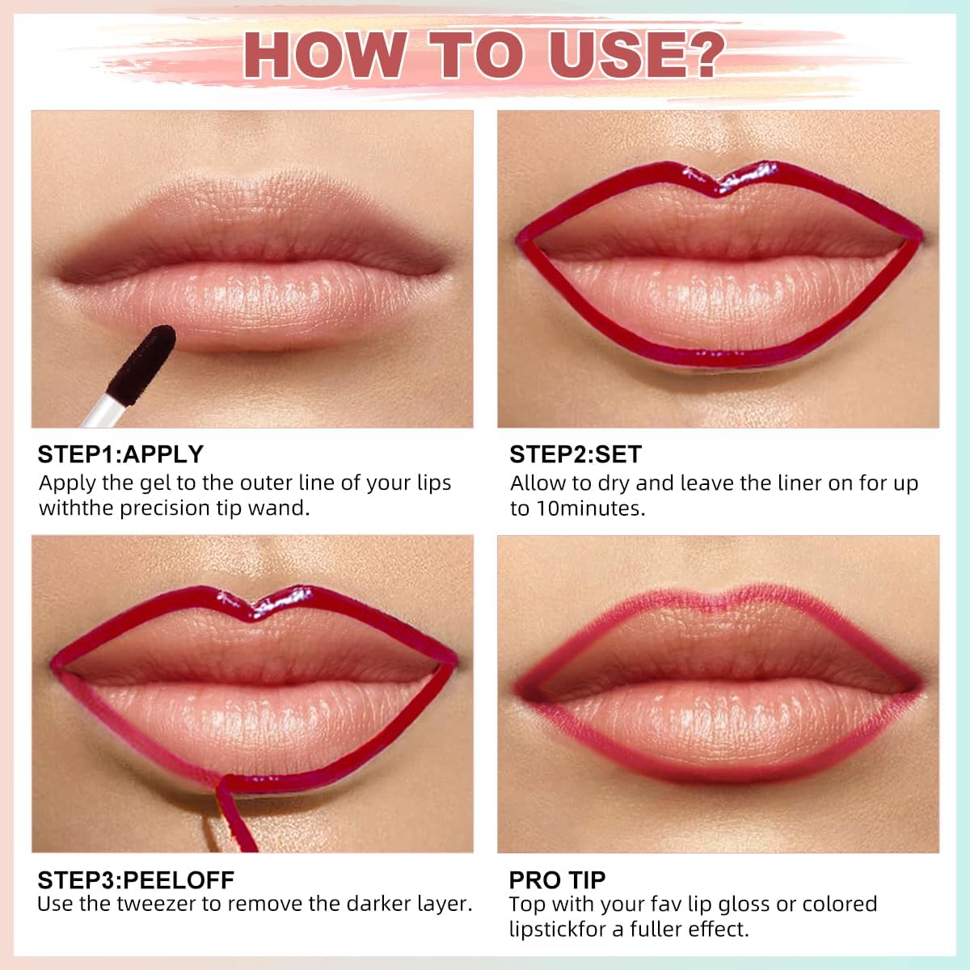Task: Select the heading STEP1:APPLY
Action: coord(120,454)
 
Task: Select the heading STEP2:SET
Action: coord(575,454)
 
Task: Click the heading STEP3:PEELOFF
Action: coord(136,879)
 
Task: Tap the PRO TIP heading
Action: coord(557,879)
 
